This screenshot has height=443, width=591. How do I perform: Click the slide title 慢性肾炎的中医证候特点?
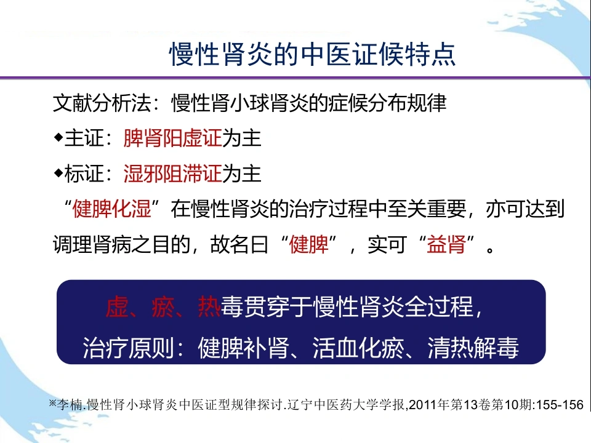coord(313,54)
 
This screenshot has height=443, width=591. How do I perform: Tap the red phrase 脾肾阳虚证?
coord(172,138)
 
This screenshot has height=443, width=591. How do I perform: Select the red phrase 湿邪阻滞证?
coord(172,174)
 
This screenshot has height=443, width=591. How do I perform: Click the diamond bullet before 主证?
coord(58,137)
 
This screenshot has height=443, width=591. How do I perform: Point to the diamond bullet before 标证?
coord(58,174)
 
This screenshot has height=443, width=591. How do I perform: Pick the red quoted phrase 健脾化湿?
coord(112,209)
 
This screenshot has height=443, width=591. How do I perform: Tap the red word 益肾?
coord(446,244)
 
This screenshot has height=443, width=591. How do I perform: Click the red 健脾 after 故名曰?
coord(308,244)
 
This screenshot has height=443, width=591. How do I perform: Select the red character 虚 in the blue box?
coord(117,306)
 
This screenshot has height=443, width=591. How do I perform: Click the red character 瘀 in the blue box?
coord(163,306)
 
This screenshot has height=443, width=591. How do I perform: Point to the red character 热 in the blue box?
coord(209,306)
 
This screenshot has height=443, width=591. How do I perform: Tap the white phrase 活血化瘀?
coord(358,347)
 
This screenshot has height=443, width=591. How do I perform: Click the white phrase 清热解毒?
coord(473,347)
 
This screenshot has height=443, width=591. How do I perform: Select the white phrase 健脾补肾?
coord(244,347)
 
